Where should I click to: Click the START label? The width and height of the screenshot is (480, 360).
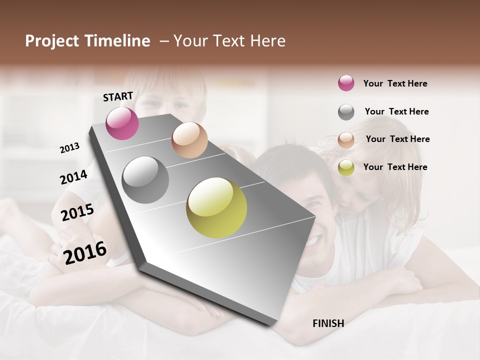118,96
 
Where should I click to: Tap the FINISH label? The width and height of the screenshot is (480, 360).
328,323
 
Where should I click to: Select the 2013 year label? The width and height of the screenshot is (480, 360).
69,148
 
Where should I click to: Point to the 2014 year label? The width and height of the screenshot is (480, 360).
73,177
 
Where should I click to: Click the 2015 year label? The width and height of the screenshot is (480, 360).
77,212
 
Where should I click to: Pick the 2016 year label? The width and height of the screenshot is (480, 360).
85,252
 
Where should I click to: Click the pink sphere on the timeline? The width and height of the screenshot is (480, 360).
122,123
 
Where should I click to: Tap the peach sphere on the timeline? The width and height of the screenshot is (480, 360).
189,140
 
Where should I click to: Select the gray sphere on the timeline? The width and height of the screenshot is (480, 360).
145,180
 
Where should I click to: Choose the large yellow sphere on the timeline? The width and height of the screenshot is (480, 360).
216,207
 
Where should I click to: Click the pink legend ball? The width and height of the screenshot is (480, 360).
346,83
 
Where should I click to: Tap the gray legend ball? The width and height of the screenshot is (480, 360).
346,112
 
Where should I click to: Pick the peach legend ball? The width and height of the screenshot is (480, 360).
346,139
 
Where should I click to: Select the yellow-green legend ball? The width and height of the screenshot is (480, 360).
346,167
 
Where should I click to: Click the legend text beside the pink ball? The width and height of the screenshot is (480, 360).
395,83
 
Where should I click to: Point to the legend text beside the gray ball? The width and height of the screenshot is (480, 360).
396,111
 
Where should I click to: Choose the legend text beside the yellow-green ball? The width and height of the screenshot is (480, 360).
395,167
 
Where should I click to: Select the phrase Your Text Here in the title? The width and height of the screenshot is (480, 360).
229,41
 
